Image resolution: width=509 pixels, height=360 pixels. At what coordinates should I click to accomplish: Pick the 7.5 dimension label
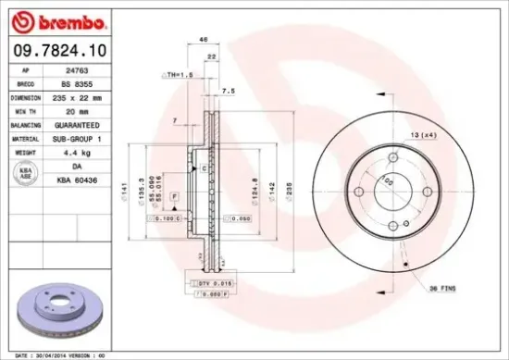coord(228,91)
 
